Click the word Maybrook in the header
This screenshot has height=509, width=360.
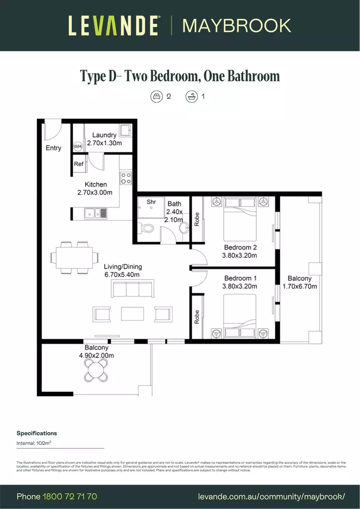coord(237,25)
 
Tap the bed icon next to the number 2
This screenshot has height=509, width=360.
coord(156,97)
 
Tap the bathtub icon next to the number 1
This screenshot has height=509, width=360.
coord(191,97)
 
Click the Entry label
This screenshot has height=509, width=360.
coord(53,148)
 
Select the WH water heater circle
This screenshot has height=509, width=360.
coord(78,147)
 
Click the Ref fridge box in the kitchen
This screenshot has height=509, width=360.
coord(79,164)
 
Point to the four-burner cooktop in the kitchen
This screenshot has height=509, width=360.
coord(126,178)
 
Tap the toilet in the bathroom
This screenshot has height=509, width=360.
coord(147,229)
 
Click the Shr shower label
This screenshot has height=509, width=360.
coord(151,202)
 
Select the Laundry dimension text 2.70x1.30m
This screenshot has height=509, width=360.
coord(104,142)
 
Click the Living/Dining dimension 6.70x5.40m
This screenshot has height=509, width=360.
coord(121,274)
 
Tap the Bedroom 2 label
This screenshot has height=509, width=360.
coord(240,248)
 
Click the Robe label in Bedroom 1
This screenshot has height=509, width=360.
coord(197,317)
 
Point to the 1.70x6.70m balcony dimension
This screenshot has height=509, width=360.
coord(300,286)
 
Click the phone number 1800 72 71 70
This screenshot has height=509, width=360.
coord(70,496)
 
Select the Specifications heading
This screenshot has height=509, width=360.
coord(37,433)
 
